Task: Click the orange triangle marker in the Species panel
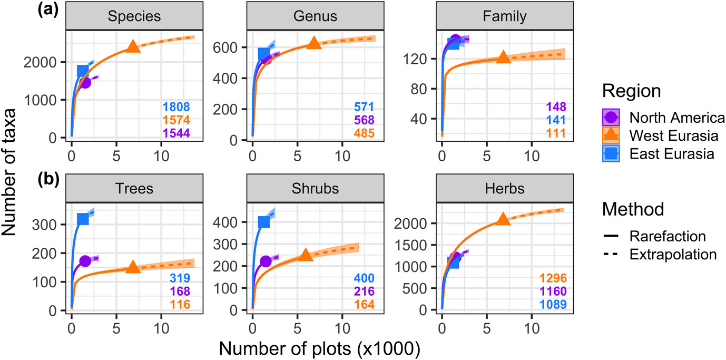pyautogui.click(x=133, y=47)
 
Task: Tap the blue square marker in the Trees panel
pyautogui.click(x=83, y=219)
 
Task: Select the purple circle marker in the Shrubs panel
pyautogui.click(x=266, y=261)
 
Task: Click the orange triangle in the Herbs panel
pyautogui.click(x=503, y=219)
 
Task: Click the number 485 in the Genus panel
pyautogui.click(x=364, y=133)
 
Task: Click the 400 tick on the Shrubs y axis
pyautogui.click(x=230, y=222)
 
